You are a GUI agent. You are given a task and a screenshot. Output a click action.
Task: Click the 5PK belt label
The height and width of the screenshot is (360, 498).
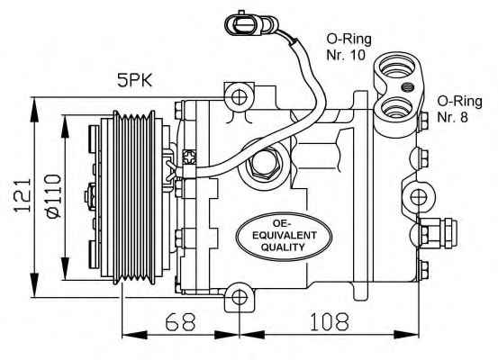pyautogui.click(x=135, y=80)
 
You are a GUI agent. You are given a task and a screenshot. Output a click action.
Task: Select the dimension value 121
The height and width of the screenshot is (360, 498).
pyautogui.click(x=23, y=195)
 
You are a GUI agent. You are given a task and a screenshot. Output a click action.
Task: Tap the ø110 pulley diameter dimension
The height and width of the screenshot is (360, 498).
pyautogui.click(x=53, y=196)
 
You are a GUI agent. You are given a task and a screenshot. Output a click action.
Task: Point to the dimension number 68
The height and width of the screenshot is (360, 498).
pyautogui.click(x=180, y=321)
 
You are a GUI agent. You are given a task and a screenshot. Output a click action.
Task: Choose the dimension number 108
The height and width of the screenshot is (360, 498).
pyautogui.click(x=329, y=321)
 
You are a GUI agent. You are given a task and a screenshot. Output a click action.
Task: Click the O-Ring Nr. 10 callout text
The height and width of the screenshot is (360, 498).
pyautogui.click(x=349, y=47)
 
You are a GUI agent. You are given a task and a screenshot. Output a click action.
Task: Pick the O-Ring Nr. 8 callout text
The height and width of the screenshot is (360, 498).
pyautogui.click(x=459, y=109)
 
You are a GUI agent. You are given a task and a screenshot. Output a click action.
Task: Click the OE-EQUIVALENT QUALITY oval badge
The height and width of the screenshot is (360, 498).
pyautogui.click(x=284, y=236)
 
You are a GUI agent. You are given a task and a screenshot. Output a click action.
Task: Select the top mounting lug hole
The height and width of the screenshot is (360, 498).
pyautogui.click(x=239, y=97)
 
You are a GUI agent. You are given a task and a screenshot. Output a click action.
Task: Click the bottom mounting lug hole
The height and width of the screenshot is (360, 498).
pyautogui.click(x=239, y=298)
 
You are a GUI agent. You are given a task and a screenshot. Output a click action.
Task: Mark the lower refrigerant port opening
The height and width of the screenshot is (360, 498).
pyautogui.click(x=398, y=108)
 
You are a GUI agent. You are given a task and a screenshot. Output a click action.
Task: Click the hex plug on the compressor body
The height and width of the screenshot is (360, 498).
pyautogui.click(x=262, y=165)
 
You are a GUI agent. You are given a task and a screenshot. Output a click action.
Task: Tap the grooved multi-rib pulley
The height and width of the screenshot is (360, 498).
pyautogui.click(x=135, y=197)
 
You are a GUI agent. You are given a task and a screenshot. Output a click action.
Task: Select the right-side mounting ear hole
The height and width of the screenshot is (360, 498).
pyautogui.click(x=418, y=197)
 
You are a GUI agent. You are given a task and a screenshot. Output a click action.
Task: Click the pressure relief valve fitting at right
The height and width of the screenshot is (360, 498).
pyautogui.click(x=439, y=233)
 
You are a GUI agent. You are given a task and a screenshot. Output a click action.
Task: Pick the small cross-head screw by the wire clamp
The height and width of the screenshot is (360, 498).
pyautogui.click(x=190, y=157)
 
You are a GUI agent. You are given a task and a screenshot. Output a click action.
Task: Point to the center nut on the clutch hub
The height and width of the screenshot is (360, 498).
pyautogui.click(x=91, y=196)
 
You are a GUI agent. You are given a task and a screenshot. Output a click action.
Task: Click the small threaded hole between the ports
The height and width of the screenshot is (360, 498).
pyautogui.click(x=407, y=86)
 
